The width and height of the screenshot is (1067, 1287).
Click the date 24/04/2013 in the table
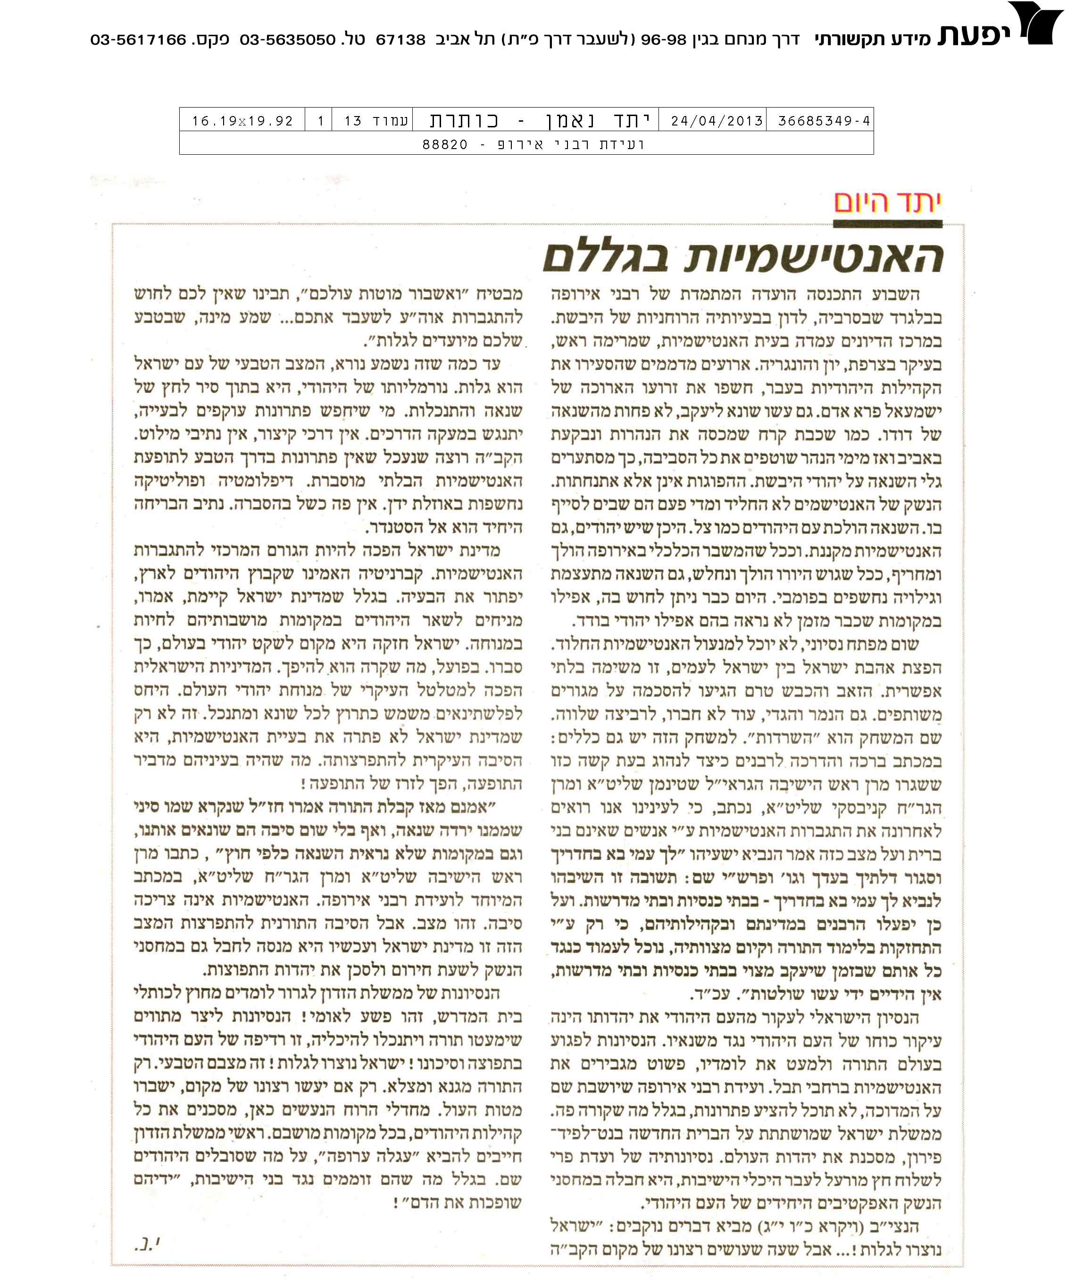(717, 121)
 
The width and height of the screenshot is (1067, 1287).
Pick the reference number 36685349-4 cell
(824, 121)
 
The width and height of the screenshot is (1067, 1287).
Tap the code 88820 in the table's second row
(445, 145)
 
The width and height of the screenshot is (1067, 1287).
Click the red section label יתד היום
(887, 202)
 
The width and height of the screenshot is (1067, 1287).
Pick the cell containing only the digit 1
(320, 121)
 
